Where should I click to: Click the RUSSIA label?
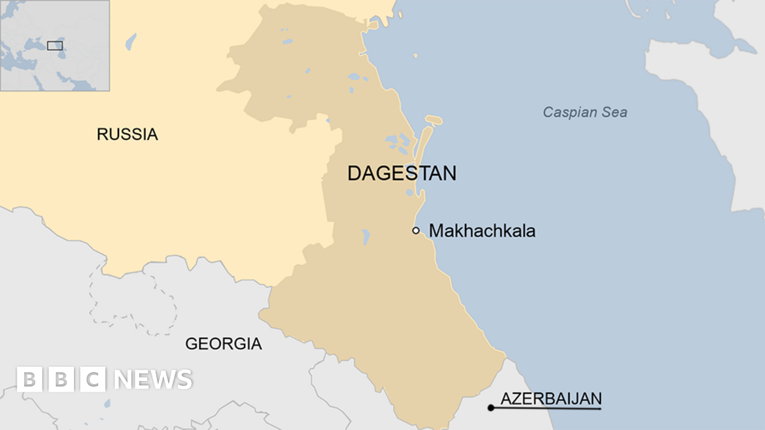coord(127,134)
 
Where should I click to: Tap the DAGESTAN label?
coord(402,173)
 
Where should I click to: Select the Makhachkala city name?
coord(482,231)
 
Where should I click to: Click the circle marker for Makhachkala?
coord(416,231)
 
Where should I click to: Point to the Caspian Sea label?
coord(585,113)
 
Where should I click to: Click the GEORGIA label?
coord(223,344)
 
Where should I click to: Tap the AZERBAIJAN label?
coord(551,399)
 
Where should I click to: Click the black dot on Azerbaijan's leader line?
coord(490,408)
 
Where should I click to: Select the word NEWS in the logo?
coord(153,380)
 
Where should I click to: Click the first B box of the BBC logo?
coord(29,380)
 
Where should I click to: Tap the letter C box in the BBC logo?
coord(93,380)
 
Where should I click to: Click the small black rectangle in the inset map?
coord(55,45)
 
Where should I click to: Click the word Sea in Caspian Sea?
coord(615,113)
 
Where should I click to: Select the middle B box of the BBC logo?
coord(61,380)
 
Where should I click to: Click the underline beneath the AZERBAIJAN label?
coord(548,408)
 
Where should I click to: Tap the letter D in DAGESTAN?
coord(354,173)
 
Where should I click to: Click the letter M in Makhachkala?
coord(436,231)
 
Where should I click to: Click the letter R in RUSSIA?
coord(102,134)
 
